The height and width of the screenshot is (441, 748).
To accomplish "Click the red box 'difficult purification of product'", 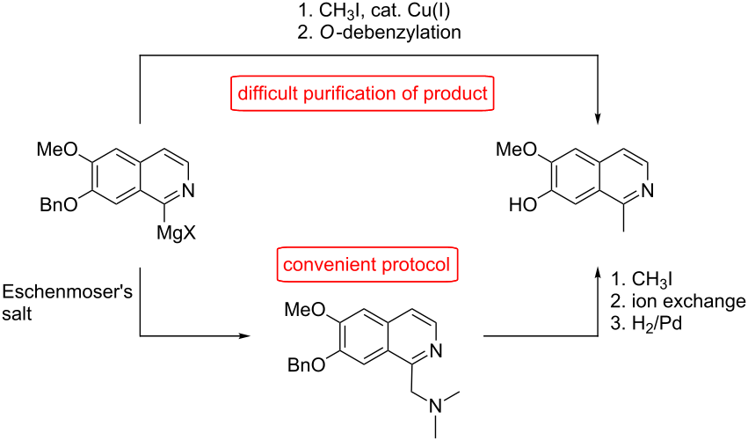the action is coord(362,93).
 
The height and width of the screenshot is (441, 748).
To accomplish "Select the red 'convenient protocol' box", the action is coord(367,264).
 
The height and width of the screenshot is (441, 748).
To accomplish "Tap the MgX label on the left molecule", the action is coord(176,233).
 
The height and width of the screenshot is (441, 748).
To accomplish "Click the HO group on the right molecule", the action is coord(523,205).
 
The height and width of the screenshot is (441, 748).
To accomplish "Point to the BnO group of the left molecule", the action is coord(59,205).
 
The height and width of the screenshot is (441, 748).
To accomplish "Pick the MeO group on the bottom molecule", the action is coord(304,310).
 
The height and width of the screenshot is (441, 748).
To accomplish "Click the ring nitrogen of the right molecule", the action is coord(647,191).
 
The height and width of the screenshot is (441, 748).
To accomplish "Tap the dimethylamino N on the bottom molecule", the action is coord(436,406).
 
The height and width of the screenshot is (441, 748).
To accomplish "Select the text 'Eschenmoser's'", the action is coord(68,292).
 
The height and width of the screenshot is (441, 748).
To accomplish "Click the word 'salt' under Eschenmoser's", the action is coord(18,314).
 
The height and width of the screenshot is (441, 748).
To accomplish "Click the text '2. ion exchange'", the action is coord(678,301).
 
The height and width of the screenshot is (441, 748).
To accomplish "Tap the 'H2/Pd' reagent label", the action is coord(657,324).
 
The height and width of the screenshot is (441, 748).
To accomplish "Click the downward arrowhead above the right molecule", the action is coord(599,119).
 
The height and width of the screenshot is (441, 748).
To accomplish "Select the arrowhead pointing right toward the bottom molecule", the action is coord(244,336).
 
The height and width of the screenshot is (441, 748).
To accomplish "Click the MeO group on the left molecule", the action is coord(57,150).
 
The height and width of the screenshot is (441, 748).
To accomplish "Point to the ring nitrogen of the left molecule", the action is coord(188,191).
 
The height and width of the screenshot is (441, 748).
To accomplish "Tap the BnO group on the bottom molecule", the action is coord(306,365).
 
